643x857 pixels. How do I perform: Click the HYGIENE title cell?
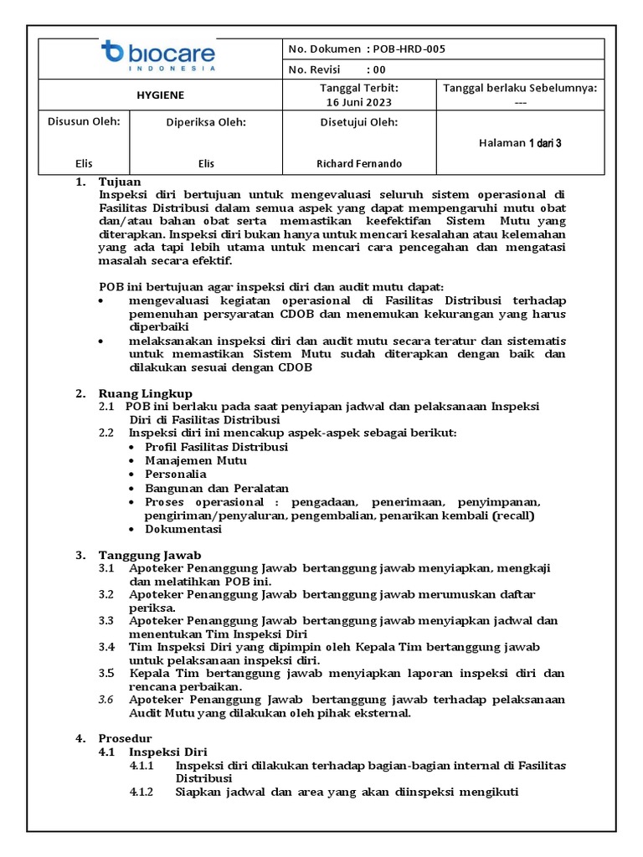pyautogui.click(x=160, y=95)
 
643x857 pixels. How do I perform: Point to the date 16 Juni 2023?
pyautogui.click(x=359, y=102)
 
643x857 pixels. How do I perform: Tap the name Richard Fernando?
pyautogui.click(x=359, y=164)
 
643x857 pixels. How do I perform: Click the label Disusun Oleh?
pyautogui.click(x=84, y=121)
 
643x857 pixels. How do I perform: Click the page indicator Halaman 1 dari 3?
pyautogui.click(x=520, y=143)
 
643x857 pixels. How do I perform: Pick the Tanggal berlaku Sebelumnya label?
pyautogui.click(x=520, y=88)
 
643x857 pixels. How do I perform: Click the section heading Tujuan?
pyautogui.click(x=120, y=182)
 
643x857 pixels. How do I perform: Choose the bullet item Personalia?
pyautogui.click(x=176, y=474)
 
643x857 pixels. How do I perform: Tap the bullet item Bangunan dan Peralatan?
pyautogui.click(x=217, y=488)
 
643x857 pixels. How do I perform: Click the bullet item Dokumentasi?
pyautogui.click(x=183, y=529)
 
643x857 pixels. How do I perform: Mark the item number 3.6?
pyautogui.click(x=105, y=700)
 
